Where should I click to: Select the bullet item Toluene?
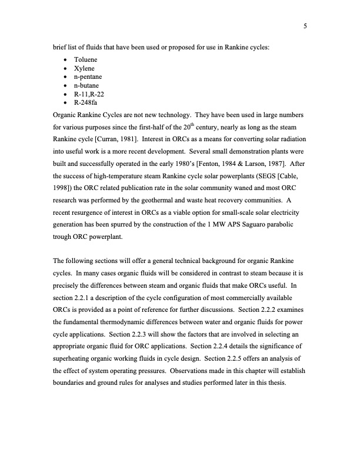click(85, 60)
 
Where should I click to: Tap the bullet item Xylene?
click(84, 69)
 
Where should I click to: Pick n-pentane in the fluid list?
click(88, 77)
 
